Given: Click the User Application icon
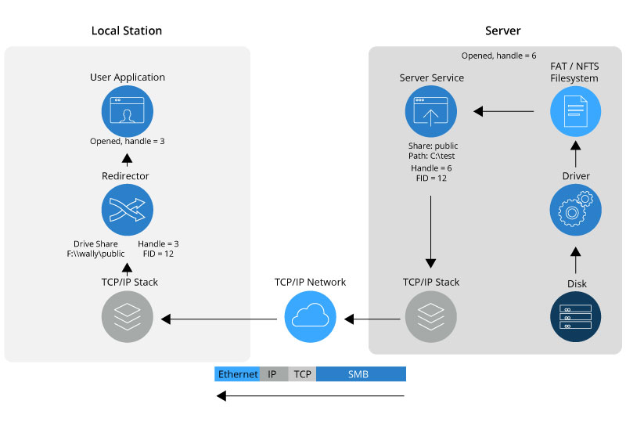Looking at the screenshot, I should point(127,111).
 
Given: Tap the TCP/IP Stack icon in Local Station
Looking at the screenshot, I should point(127,317).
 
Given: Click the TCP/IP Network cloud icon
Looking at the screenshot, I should point(310,317).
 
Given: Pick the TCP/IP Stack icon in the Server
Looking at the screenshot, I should point(430,317).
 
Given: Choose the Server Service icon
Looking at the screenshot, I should point(430,111).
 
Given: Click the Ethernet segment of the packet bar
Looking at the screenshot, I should point(237,374).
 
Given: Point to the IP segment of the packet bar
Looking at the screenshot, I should point(273,374).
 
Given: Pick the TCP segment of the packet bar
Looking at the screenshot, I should point(302,374).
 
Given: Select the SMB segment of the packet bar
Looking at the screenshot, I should point(361,374).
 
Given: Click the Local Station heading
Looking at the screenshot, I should point(127,31).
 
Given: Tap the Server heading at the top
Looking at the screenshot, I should point(502,31).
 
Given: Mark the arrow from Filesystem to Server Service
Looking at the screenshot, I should point(505,111).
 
